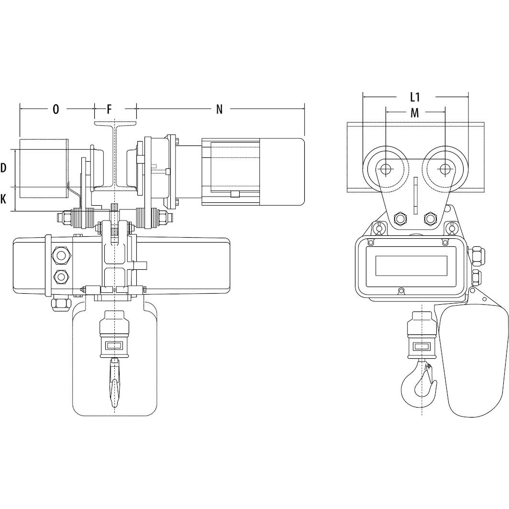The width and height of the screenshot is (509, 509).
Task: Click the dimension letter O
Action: pos(56,110)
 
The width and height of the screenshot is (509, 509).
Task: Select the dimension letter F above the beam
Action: pos(110,110)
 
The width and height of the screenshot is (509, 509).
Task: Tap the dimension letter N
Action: pos(220,110)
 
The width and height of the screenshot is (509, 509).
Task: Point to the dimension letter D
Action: pos(3,168)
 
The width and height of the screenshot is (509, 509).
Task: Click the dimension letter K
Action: pos(3,199)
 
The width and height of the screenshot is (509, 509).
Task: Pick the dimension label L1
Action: pos(415,97)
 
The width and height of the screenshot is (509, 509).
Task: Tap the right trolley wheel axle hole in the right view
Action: pos(445,168)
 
